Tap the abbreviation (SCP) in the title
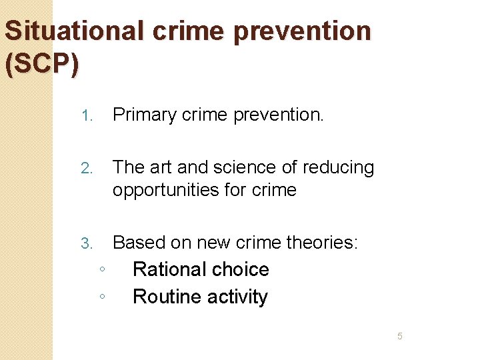41,65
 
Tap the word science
231,167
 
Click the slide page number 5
400,336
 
